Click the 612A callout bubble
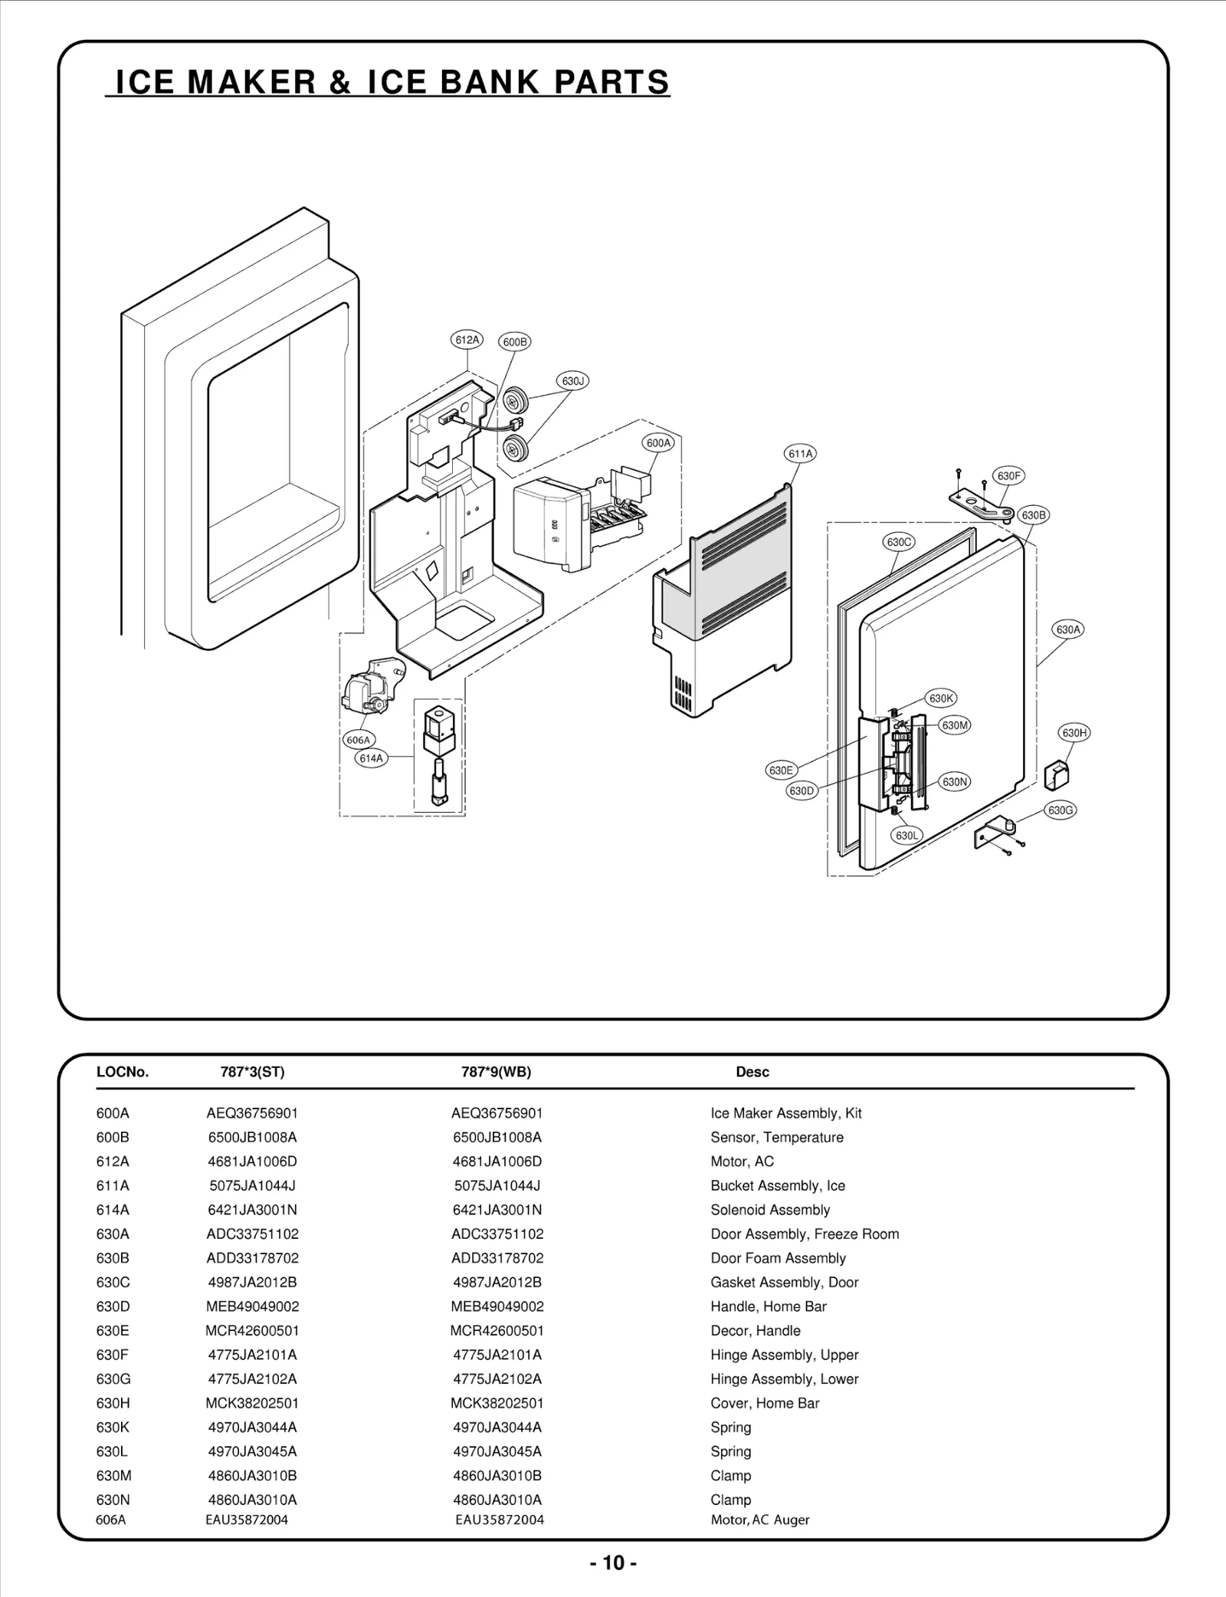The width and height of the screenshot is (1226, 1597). tap(466, 340)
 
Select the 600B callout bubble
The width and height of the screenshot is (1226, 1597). tap(515, 342)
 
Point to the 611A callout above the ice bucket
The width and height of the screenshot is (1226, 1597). tap(800, 453)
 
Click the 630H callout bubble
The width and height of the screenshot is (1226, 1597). tap(1074, 732)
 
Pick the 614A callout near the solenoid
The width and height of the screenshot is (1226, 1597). tap(371, 758)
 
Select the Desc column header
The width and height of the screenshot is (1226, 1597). tap(752, 1072)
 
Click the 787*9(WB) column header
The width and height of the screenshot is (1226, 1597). tap(496, 1072)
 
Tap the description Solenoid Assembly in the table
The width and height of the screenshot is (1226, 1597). tap(770, 1210)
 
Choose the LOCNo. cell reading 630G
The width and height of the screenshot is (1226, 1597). tap(113, 1378)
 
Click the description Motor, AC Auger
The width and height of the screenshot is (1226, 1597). tap(759, 1520)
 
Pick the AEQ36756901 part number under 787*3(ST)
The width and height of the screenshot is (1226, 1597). tap(252, 1113)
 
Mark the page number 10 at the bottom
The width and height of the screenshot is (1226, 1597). tap(613, 1562)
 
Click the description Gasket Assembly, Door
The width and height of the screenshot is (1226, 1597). tap(784, 1282)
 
